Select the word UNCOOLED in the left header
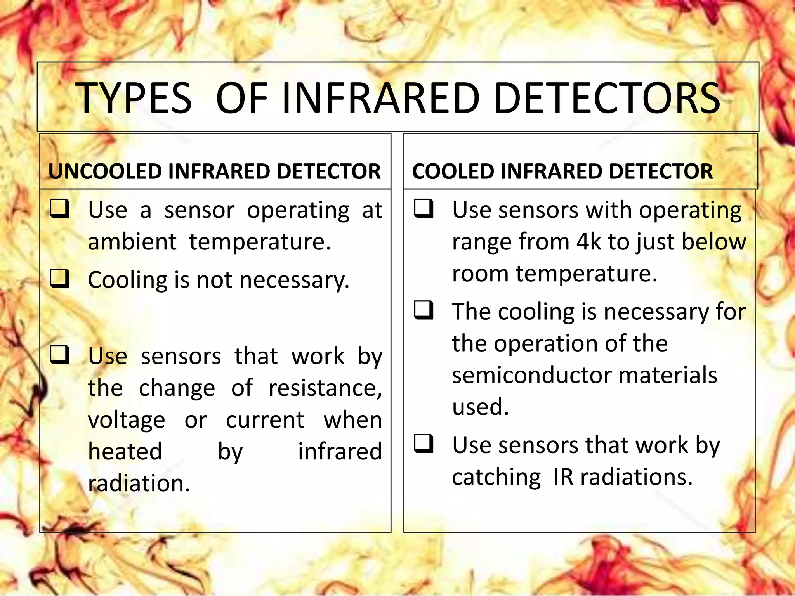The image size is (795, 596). (104, 172)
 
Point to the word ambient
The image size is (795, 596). (132, 242)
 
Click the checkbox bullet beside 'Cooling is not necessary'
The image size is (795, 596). (60, 279)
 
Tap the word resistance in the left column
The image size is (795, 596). (325, 388)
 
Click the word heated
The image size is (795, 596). (125, 452)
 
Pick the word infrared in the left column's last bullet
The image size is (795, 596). (340, 452)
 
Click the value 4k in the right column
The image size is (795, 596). (588, 242)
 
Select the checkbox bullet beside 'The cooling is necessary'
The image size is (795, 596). (424, 310)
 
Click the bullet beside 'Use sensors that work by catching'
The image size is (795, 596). (424, 444)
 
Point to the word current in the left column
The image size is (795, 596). (265, 420)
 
